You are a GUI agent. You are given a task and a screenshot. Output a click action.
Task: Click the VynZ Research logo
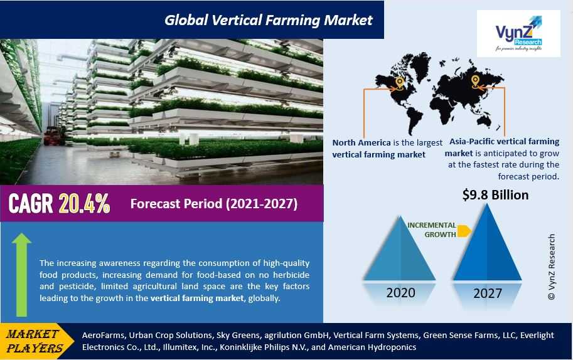(518, 33)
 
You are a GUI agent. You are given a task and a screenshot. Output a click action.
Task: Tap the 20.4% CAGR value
(84, 203)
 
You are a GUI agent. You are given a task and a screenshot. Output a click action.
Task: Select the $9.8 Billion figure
(495, 195)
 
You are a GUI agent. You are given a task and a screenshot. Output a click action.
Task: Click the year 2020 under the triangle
(400, 292)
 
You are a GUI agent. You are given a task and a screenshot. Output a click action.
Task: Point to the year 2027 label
(488, 293)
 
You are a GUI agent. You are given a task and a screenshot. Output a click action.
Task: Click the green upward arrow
(21, 275)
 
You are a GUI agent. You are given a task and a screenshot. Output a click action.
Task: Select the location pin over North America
(399, 82)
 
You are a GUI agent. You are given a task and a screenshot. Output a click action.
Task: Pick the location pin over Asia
(475, 81)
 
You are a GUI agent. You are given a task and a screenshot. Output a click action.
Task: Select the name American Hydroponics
(372, 347)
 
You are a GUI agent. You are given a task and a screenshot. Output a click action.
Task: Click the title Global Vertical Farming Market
(269, 20)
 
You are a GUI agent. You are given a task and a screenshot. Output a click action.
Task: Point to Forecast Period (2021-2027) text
(214, 204)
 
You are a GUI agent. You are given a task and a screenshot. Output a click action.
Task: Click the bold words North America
(361, 143)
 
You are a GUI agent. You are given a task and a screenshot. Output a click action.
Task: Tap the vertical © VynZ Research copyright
(552, 267)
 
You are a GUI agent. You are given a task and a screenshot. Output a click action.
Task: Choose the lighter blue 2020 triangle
(400, 248)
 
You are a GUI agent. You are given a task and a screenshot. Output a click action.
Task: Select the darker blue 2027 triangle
(487, 242)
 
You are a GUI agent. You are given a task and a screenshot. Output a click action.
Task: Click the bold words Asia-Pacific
(472, 142)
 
